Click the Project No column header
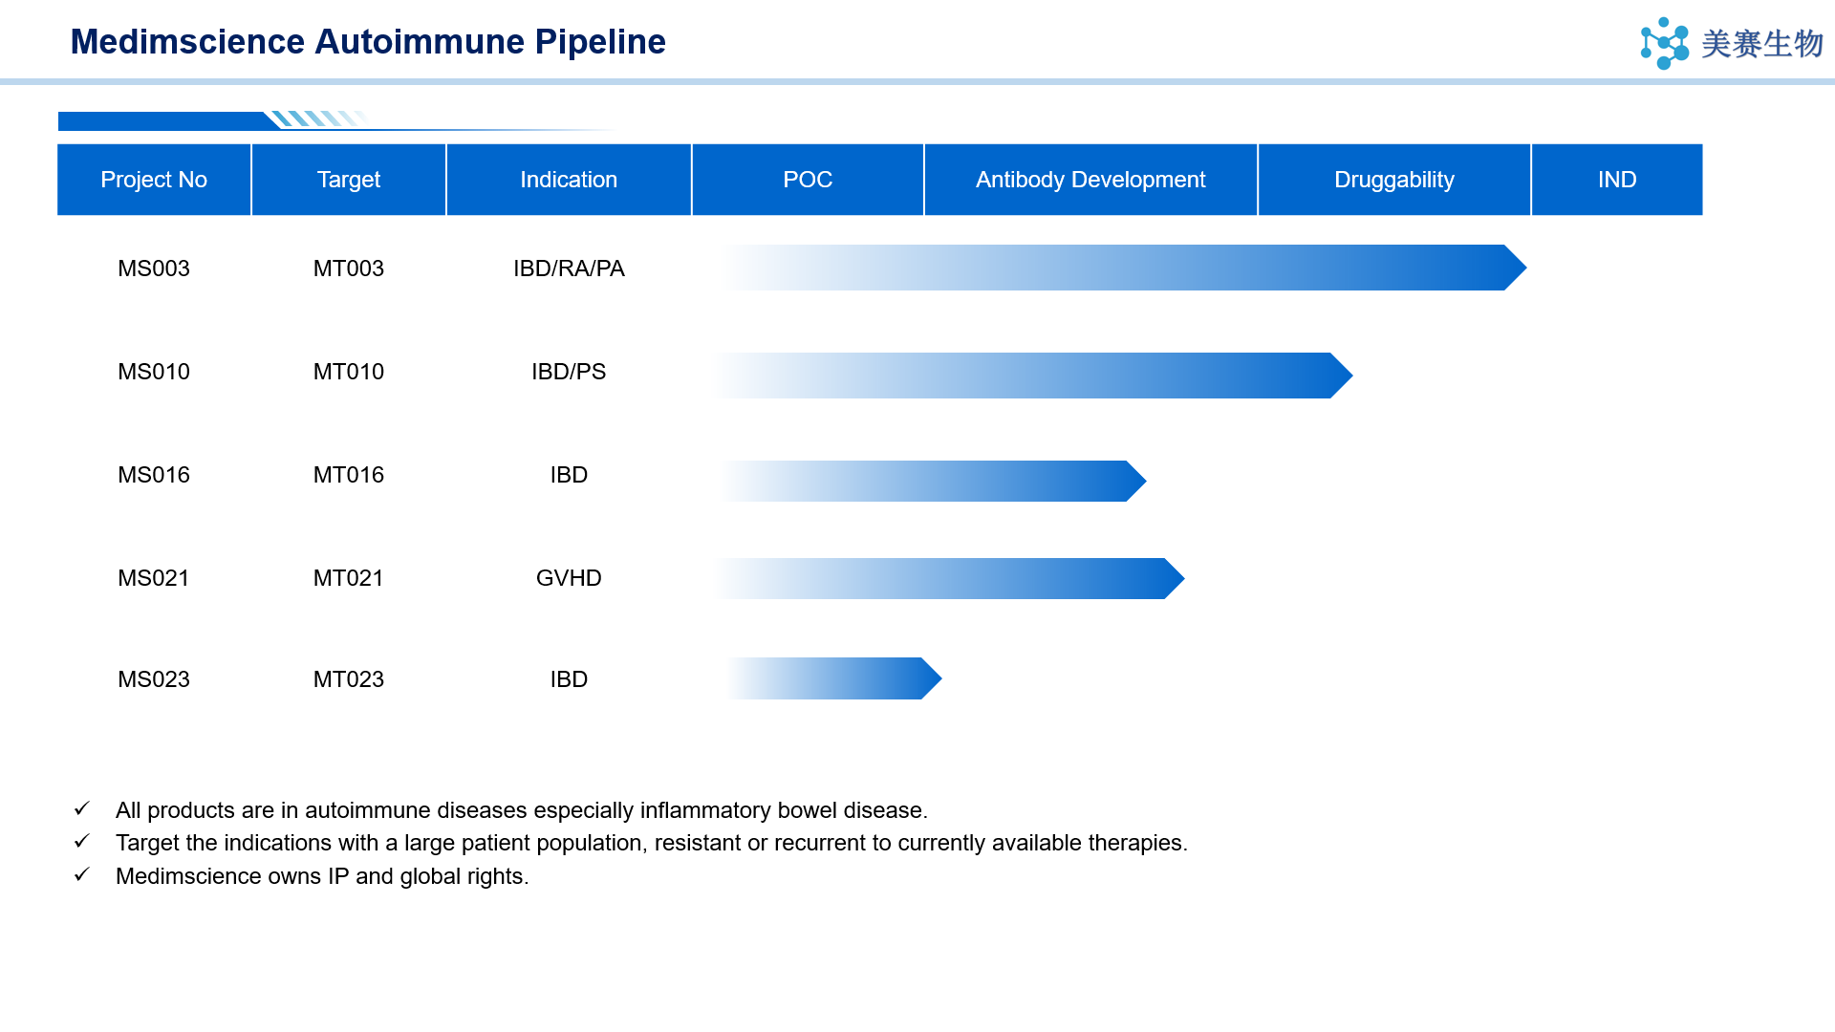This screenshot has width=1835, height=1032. point(154,180)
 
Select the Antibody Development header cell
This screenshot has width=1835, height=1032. point(1090,180)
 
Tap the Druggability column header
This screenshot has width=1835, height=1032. point(1394,180)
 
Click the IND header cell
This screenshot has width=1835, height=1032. point(1617,180)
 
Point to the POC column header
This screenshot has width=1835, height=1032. point(808,180)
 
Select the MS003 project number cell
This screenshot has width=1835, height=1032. point(154,269)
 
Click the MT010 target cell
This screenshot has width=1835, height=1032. point(349,372)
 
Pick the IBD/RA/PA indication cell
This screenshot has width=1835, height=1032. point(569,269)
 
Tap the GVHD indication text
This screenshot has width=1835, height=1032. point(569,578)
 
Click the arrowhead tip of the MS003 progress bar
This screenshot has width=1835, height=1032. point(1526,268)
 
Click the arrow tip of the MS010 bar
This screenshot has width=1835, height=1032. point(1352,376)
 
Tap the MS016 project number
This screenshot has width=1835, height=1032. point(154,475)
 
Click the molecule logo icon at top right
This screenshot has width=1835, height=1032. point(1665,43)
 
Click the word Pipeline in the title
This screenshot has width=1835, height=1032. point(600,42)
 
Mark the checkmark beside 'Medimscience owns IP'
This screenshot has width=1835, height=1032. point(82,874)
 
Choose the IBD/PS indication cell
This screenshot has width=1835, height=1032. point(569,372)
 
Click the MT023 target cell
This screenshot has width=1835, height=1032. point(349,679)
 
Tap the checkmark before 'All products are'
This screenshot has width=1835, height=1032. point(82,808)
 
